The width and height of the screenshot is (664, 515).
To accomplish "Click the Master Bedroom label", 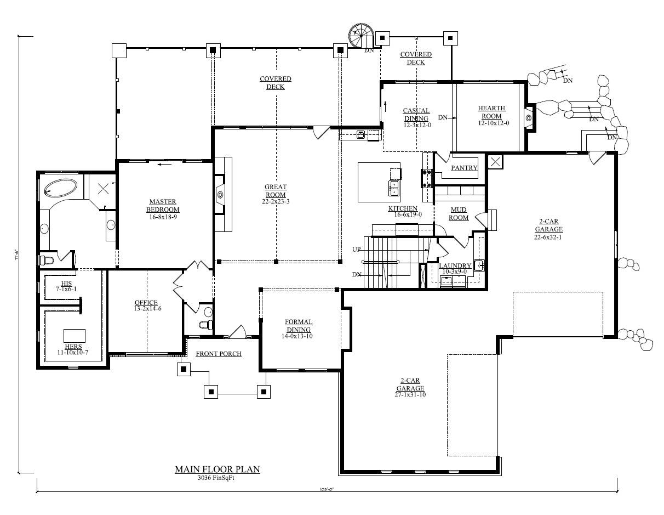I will [x=163, y=206].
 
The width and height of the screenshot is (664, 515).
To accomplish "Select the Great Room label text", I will [x=276, y=191].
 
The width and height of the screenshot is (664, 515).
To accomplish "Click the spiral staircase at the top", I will [x=360, y=37].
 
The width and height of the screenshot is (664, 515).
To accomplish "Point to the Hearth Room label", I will [x=491, y=112].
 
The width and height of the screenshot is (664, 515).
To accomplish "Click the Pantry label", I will [x=464, y=168].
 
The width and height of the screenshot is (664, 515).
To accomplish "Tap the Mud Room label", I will [x=459, y=213].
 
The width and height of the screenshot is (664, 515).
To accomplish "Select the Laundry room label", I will [x=455, y=266].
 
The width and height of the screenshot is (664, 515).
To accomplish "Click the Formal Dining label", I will [x=298, y=326].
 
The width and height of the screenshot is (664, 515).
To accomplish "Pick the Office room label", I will [x=146, y=303].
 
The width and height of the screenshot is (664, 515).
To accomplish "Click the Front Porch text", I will [x=219, y=354].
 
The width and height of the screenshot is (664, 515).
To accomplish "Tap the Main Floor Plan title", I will [x=217, y=469].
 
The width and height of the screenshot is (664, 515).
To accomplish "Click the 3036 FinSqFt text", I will [x=217, y=478].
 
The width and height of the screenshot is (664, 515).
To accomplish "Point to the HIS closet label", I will [x=66, y=284].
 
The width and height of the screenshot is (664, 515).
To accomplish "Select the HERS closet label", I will [x=73, y=347].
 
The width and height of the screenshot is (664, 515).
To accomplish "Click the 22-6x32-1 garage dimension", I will [x=549, y=237].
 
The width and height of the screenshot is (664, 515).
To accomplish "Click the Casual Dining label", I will [x=416, y=114].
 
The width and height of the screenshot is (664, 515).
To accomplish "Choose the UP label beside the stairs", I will [x=357, y=250].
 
